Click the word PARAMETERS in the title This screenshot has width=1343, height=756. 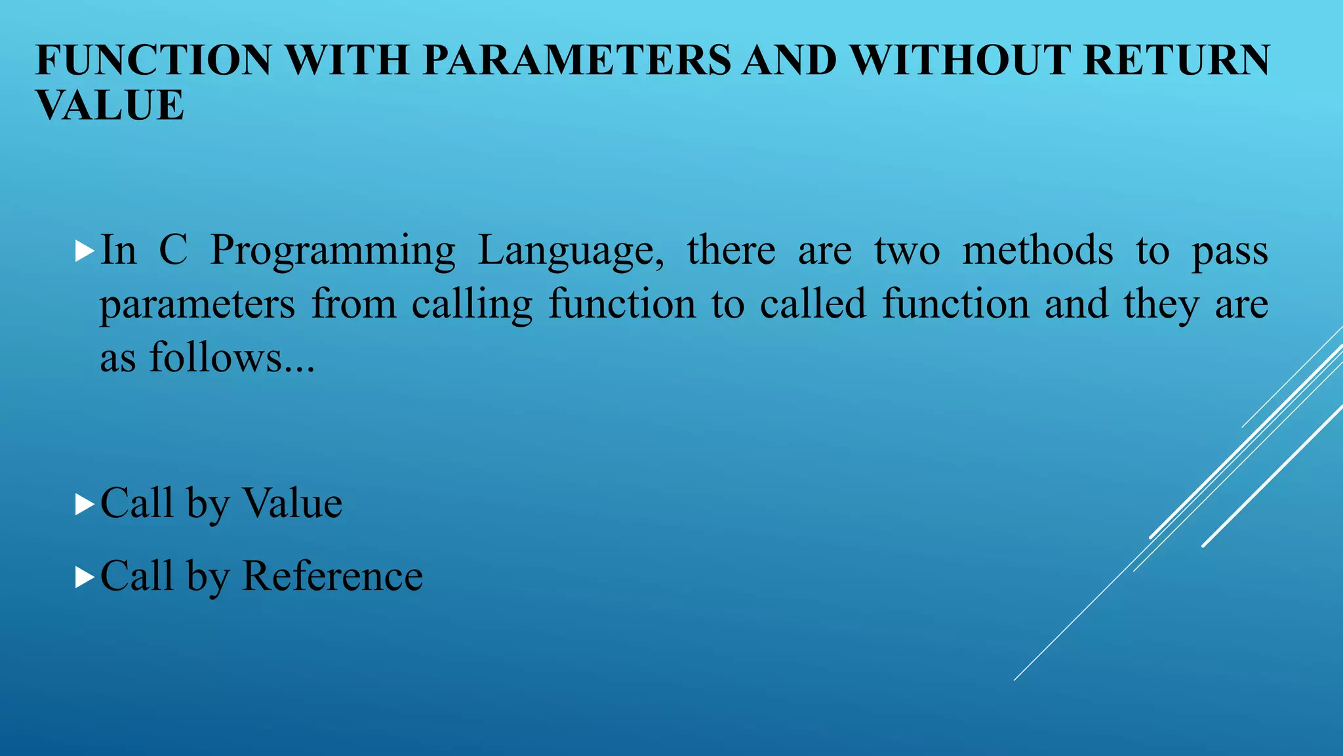coord(576,60)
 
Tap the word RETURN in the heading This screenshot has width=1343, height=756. coord(1176,60)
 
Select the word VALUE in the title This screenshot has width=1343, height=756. coord(110,105)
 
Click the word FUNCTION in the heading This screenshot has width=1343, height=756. coord(153,60)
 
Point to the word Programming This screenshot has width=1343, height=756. coord(332,251)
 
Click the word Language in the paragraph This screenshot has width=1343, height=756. coord(571,251)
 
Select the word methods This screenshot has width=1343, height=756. coord(1037,251)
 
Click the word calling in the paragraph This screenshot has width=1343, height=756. coord(472,304)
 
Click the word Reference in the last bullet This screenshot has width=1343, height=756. coord(332,576)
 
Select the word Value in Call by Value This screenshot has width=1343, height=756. coord(292,503)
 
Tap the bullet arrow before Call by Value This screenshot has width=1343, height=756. coord(85,505)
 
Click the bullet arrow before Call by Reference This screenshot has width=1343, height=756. coord(85,577)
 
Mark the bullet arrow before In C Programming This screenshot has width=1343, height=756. coord(85,251)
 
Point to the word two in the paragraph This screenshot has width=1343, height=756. coord(907,251)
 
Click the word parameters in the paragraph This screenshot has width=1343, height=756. coord(197,306)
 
